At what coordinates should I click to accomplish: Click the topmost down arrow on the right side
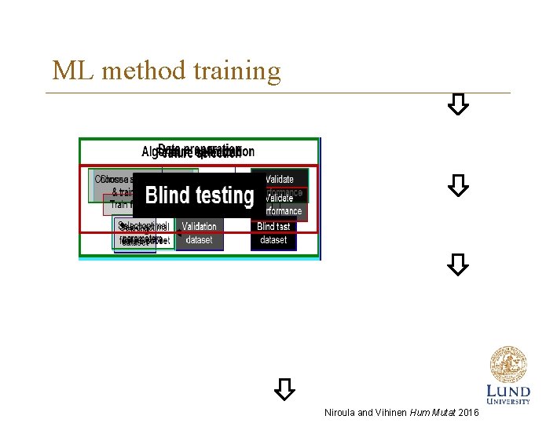pos(459,104)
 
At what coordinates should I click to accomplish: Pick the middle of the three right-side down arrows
pos(459,185)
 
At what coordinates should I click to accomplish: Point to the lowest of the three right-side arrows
pos(459,264)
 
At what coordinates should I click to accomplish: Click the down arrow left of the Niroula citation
pos(284,388)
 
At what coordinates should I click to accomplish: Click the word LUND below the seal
pos(508,391)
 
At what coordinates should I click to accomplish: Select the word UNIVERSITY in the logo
pos(508,402)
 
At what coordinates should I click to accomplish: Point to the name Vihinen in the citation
pos(390,412)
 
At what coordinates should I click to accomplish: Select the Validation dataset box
pos(199,233)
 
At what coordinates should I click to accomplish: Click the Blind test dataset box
pos(273,233)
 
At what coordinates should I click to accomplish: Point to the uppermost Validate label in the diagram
pos(280,179)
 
